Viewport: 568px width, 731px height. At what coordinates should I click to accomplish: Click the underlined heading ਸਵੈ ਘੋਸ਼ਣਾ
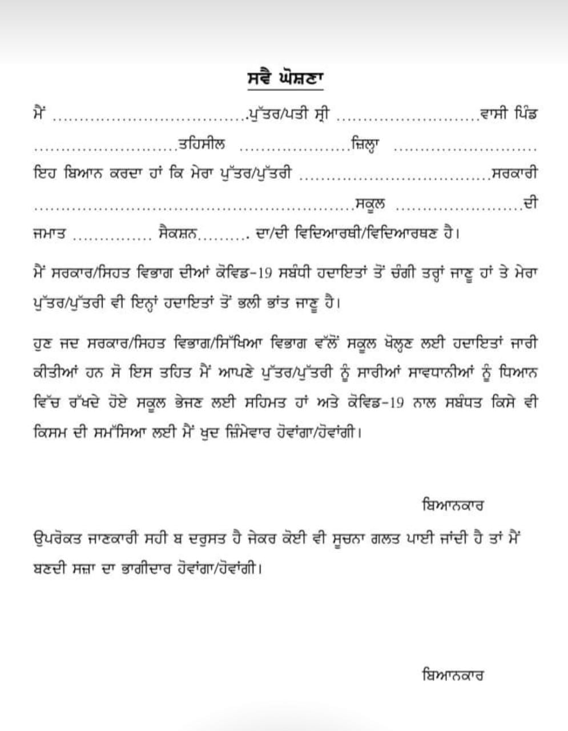281,79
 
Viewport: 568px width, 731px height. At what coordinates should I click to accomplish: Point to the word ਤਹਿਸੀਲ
201,143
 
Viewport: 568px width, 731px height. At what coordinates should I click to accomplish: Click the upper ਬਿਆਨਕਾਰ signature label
452,505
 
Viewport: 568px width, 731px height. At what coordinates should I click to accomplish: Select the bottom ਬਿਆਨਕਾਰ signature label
452,675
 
